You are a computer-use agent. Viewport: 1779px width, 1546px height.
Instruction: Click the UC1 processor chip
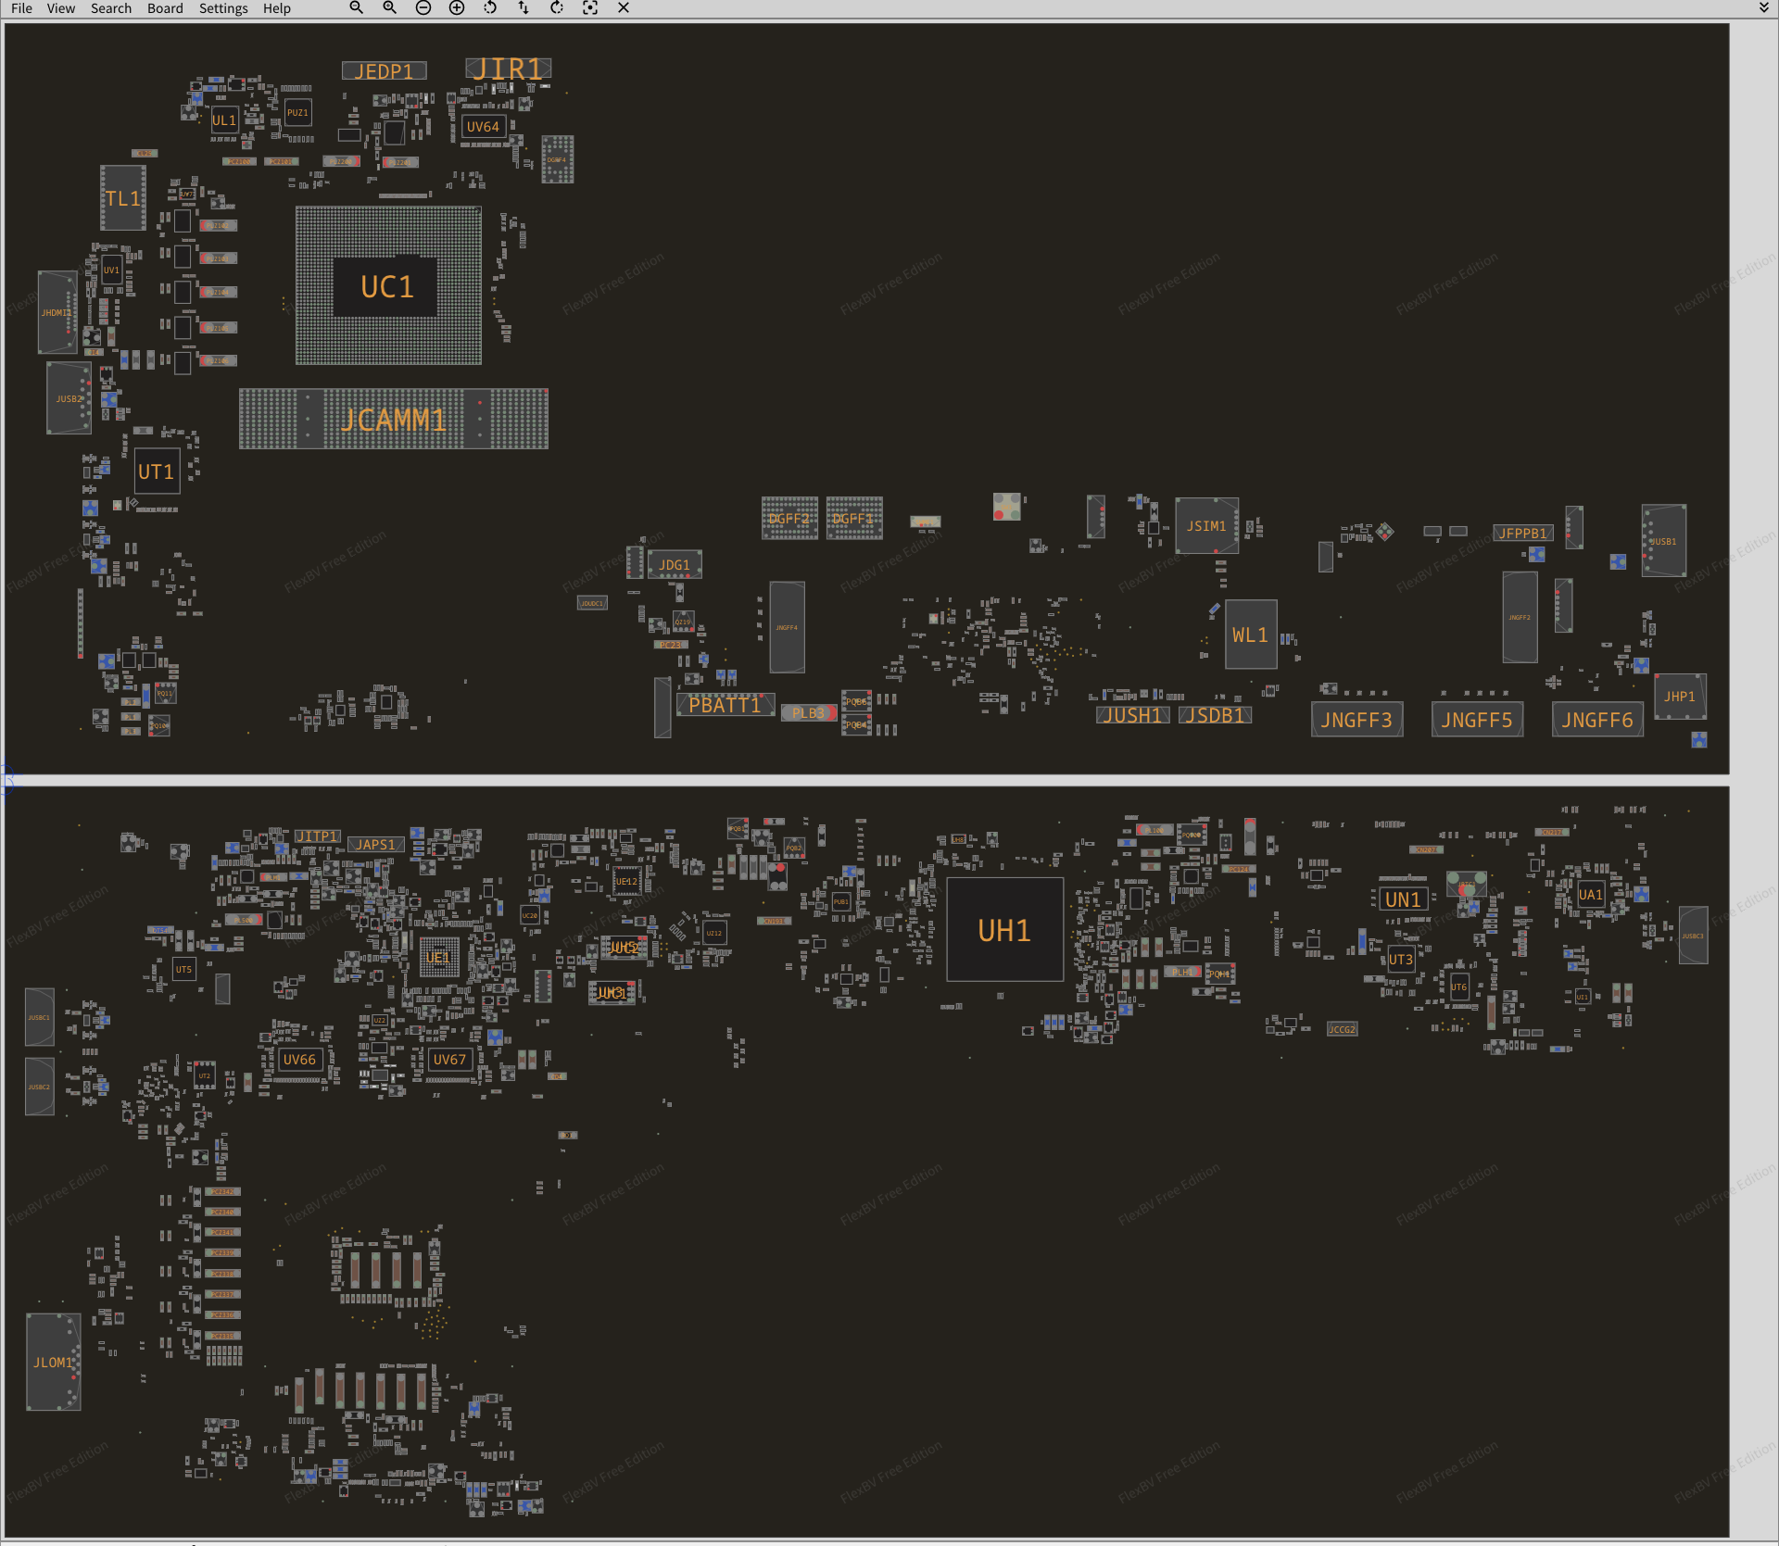387,286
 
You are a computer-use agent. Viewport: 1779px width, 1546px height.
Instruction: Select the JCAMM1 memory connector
393,420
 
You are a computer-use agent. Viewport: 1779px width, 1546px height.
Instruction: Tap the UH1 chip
1004,930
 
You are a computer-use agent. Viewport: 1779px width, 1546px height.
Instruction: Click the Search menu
110,8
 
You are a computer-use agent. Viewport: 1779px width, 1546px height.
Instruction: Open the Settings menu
223,8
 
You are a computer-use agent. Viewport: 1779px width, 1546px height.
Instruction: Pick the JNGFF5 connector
1477,720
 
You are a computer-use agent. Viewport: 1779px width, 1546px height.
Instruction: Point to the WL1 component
1250,635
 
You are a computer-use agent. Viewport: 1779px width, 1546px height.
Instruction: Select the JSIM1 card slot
1206,526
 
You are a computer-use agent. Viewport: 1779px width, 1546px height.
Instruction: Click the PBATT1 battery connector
725,705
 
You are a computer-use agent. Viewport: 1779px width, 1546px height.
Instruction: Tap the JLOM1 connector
53,1362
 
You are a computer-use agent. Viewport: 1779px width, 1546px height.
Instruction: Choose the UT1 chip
157,471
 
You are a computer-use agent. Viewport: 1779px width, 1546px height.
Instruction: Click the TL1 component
122,198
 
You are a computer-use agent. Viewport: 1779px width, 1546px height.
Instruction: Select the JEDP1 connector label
384,71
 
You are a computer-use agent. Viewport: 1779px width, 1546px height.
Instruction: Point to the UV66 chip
299,1059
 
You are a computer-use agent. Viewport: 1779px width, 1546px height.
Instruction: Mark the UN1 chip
1403,899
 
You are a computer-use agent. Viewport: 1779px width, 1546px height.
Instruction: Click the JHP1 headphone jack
1679,697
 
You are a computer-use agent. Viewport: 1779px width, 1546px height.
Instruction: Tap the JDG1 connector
675,564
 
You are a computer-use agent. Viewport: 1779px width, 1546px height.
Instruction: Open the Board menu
165,8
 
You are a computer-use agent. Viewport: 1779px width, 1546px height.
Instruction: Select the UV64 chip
483,127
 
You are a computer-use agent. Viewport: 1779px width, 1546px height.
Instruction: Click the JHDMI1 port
57,313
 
